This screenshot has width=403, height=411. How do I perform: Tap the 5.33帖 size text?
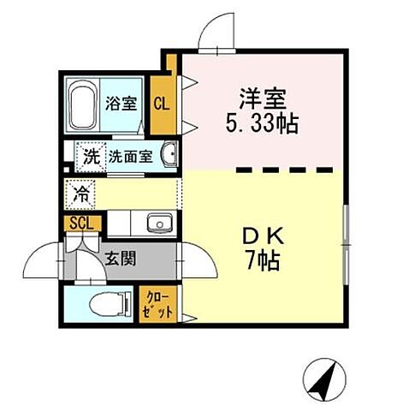click(x=262, y=122)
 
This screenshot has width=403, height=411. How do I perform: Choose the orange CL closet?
click(x=160, y=104)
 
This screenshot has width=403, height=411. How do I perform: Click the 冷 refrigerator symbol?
click(x=82, y=193)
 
